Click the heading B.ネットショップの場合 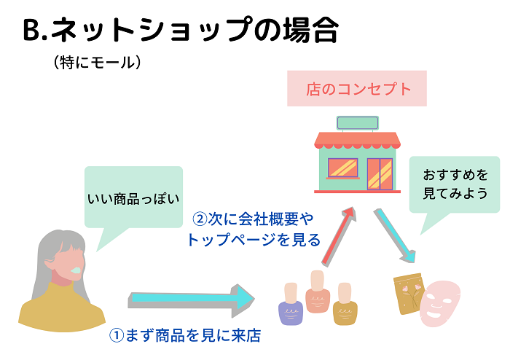coord(181,30)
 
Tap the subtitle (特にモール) coord(97,62)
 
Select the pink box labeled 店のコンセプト coord(357,88)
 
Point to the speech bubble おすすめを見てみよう coord(455,184)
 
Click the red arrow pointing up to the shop coord(338,236)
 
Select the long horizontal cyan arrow coord(191,300)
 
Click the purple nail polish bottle coord(291,304)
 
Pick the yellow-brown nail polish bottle coord(345,304)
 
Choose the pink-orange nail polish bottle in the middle coord(318,291)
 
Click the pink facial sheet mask coord(439,303)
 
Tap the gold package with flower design coord(408,294)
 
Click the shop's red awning coord(357,140)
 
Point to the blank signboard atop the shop coord(358,123)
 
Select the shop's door coord(380,174)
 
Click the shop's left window coord(343,168)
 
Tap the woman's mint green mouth coord(76,270)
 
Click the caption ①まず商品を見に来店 coord(185,335)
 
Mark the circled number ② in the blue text coord(200,219)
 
